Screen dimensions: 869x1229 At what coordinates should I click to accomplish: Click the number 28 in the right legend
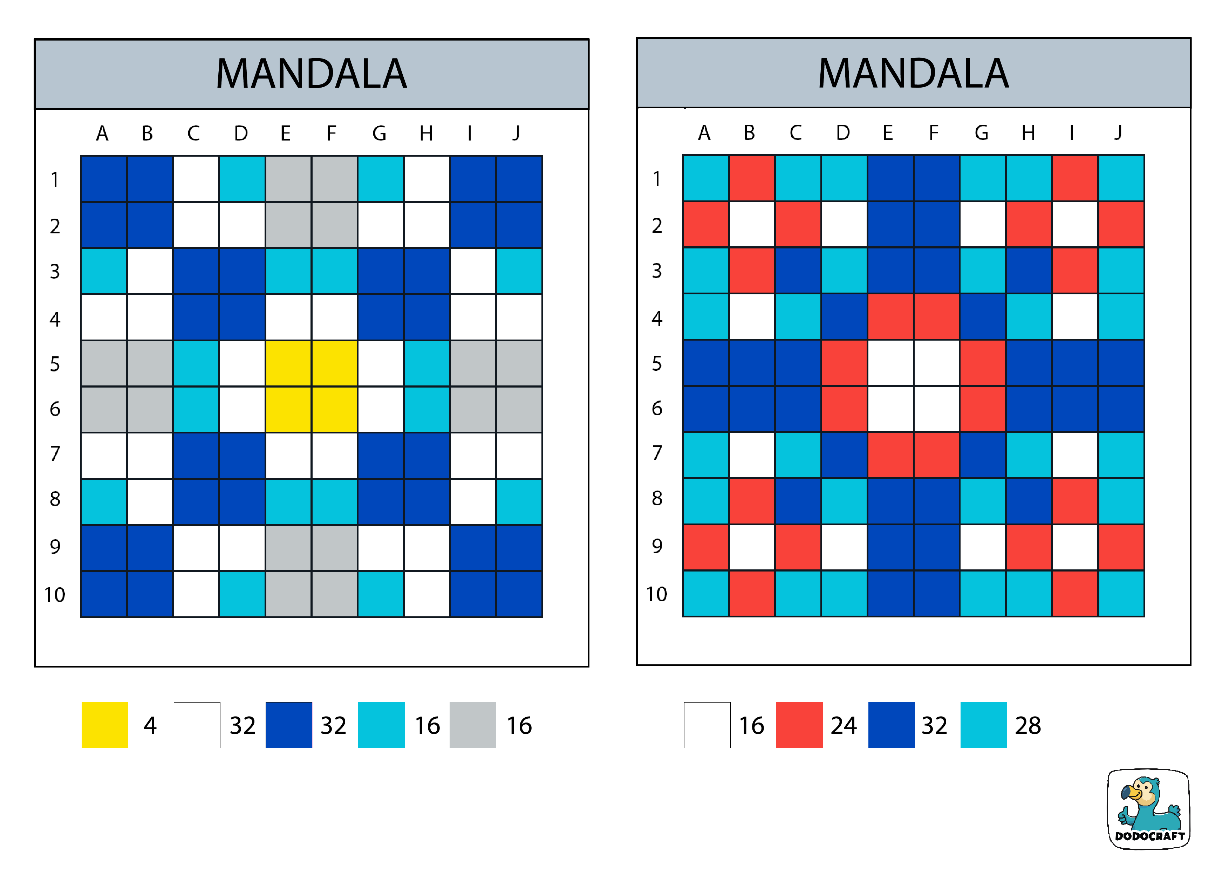pyautogui.click(x=1028, y=726)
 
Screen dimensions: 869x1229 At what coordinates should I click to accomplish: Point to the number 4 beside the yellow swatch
pyautogui.click(x=150, y=726)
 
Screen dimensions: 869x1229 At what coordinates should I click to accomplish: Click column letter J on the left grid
pyautogui.click(x=516, y=133)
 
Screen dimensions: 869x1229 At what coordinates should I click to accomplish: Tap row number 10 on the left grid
pyautogui.click(x=55, y=595)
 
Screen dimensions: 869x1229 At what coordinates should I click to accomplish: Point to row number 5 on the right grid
pyautogui.click(x=657, y=364)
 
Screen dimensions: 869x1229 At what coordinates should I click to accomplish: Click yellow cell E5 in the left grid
pyautogui.click(x=288, y=363)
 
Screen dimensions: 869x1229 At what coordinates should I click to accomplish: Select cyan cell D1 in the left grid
pyautogui.click(x=242, y=179)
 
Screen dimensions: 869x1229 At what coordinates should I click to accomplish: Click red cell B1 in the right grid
pyautogui.click(x=752, y=178)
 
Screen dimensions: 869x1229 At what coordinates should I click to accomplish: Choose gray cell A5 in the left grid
pyautogui.click(x=104, y=363)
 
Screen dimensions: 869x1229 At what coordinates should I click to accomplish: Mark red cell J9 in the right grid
pyautogui.click(x=1121, y=547)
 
